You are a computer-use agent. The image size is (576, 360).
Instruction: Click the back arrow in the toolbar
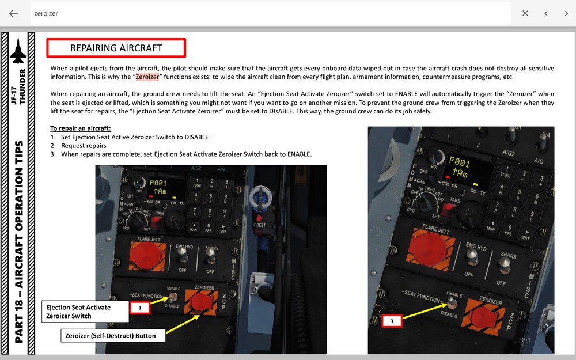click(x=13, y=13)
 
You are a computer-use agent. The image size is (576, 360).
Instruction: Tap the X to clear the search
click(x=525, y=13)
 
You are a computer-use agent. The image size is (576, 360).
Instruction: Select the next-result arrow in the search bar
click(x=566, y=13)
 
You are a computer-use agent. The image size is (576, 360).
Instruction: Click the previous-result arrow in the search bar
click(x=545, y=13)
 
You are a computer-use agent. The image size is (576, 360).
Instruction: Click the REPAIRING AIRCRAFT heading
click(x=116, y=48)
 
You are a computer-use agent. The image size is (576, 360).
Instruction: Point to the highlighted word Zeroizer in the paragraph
click(x=147, y=77)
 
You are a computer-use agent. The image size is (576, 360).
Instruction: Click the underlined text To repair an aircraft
click(x=80, y=128)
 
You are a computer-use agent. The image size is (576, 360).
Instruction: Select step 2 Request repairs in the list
click(x=84, y=146)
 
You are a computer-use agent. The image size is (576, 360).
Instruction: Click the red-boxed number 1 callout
click(x=139, y=308)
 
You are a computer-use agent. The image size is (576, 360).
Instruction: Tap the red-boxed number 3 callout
click(x=392, y=321)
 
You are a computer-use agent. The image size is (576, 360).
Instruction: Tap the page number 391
click(x=525, y=340)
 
